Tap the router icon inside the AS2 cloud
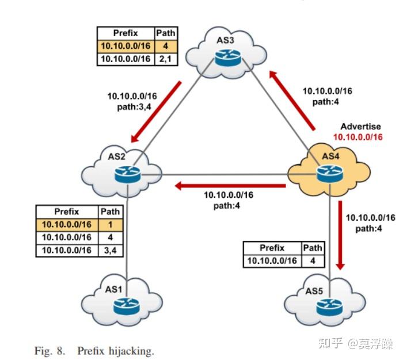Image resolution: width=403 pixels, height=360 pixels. point(126,172)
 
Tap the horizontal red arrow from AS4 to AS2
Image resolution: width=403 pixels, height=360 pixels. point(230,186)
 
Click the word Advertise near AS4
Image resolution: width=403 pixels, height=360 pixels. point(360,127)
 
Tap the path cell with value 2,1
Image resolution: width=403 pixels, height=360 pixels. point(166,59)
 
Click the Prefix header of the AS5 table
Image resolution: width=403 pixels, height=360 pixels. point(272,248)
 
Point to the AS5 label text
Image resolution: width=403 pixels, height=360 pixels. point(314,291)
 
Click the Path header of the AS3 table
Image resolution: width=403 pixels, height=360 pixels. point(166,33)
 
